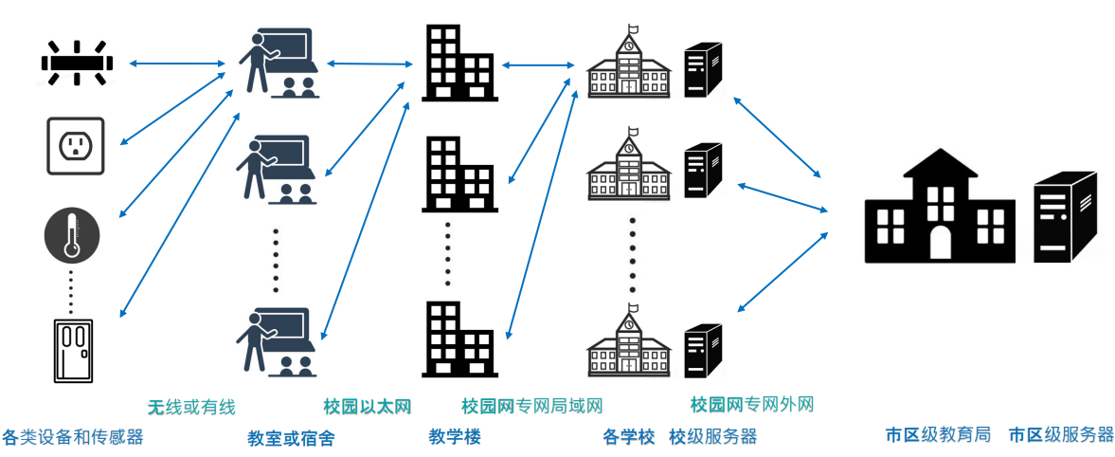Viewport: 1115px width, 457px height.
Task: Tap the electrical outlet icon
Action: [75, 145]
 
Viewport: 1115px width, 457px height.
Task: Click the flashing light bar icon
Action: [76, 64]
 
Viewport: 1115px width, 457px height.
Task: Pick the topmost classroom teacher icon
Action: [279, 62]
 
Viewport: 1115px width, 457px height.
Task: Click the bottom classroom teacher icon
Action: [279, 338]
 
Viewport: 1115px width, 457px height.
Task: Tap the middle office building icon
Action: [459, 174]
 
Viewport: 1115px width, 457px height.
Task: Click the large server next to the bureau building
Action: [1065, 217]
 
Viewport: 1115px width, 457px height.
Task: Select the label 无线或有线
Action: [191, 407]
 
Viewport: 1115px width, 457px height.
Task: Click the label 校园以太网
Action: [367, 407]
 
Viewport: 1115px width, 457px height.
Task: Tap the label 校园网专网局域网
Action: [531, 407]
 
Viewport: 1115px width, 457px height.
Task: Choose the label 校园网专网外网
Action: [752, 405]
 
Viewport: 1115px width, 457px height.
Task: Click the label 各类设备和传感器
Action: [72, 437]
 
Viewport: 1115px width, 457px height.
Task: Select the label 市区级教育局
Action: [938, 435]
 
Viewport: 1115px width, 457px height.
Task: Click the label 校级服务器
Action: [712, 437]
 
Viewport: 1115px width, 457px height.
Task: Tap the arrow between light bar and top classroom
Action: [176, 64]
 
